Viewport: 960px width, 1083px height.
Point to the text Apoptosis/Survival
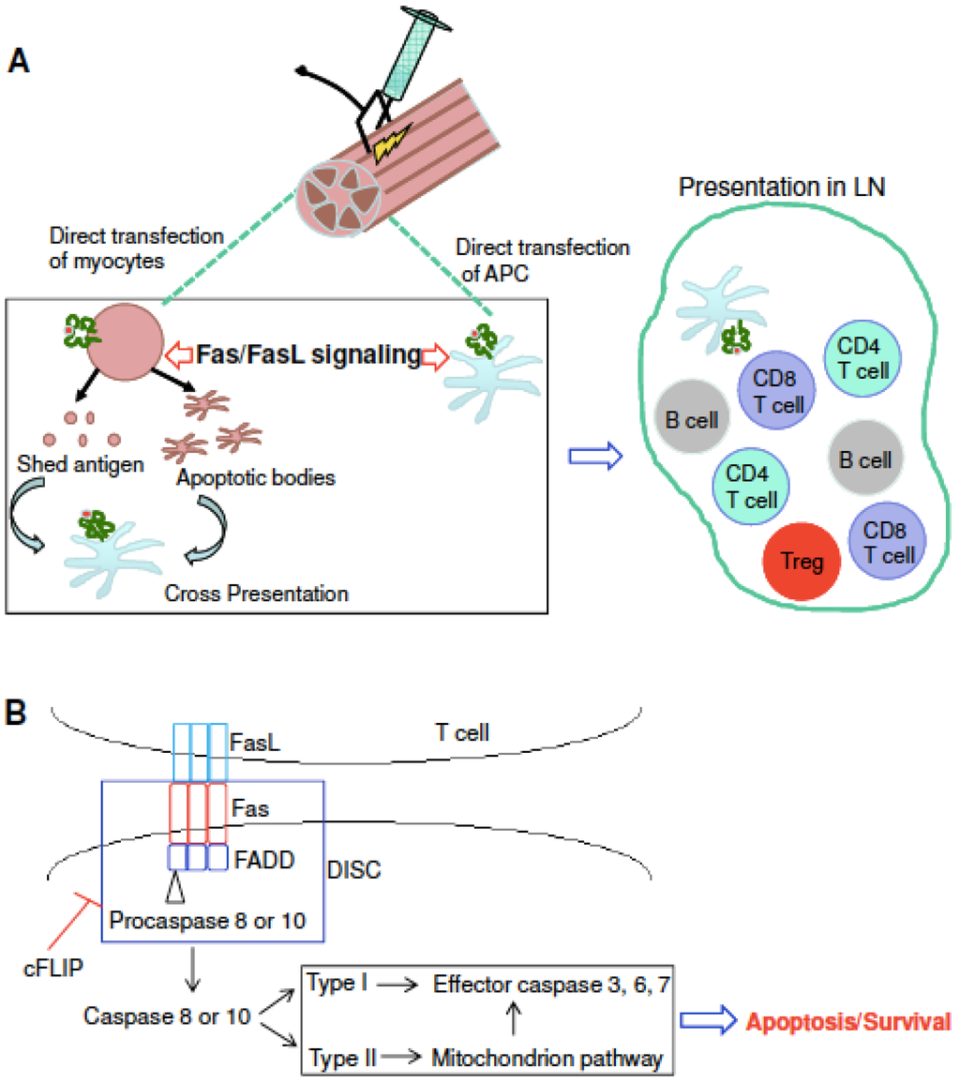coord(849,1020)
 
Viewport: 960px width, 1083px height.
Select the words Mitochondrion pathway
coord(547,1059)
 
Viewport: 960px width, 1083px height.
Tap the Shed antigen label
coord(82,465)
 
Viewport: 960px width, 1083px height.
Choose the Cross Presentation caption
coord(256,593)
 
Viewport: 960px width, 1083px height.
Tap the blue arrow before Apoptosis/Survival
coord(710,1021)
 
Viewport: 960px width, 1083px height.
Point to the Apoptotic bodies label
coord(255,477)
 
